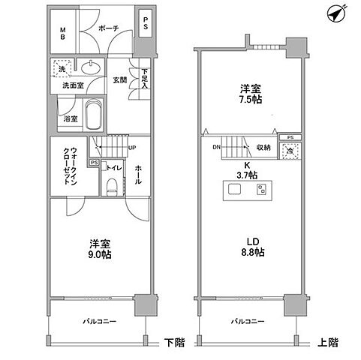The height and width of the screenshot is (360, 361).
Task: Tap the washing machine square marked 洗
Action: tap(62, 69)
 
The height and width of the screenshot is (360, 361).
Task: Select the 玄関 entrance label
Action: tap(119, 79)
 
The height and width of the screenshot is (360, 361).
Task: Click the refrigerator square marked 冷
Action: tap(289, 152)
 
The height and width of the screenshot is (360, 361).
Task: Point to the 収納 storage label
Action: tap(263, 148)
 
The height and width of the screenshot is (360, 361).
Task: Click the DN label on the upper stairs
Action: tap(216, 148)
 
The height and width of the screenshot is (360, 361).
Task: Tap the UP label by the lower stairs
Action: tap(132, 147)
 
